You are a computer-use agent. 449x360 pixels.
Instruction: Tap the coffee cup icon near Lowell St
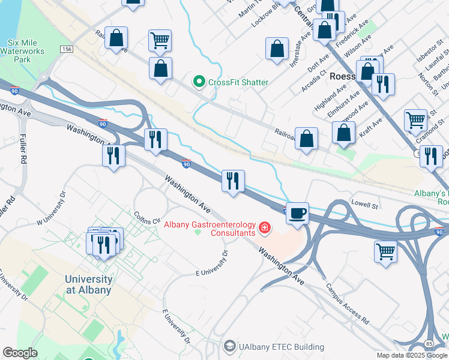(297, 213)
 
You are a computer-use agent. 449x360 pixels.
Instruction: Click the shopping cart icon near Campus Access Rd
(385, 251)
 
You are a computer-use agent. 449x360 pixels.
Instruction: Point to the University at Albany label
(88, 284)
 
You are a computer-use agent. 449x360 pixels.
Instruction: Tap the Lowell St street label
(364, 205)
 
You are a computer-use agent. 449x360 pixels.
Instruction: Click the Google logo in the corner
(20, 353)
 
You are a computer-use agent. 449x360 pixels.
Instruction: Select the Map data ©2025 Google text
(412, 355)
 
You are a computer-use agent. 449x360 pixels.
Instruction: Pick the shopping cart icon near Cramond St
(415, 121)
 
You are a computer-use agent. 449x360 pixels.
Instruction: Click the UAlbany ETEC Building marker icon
(229, 347)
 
